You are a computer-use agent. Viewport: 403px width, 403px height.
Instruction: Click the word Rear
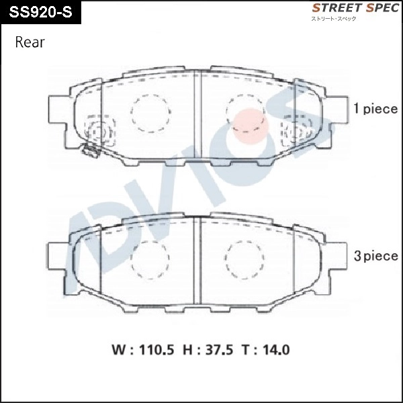point(30,42)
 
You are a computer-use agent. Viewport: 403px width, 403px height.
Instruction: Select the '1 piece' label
point(375,109)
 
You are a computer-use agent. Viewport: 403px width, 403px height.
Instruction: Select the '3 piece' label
point(375,256)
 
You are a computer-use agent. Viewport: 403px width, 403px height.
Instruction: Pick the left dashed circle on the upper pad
point(150,111)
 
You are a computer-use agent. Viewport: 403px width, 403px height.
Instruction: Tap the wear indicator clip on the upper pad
point(89,152)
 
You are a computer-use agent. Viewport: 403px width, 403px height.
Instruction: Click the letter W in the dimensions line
point(118,350)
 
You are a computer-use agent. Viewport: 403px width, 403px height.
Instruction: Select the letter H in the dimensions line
point(189,350)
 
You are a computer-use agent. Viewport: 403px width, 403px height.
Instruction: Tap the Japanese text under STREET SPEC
point(333,19)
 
